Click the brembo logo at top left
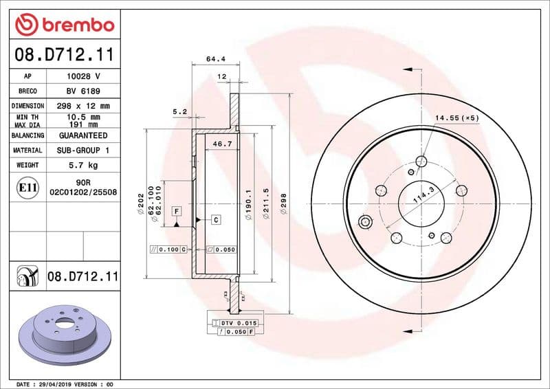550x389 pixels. pyautogui.click(x=64, y=25)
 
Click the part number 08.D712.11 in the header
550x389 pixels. pyautogui.click(x=64, y=54)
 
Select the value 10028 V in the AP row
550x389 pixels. pyautogui.click(x=83, y=76)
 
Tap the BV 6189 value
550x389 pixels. pyautogui.click(x=83, y=91)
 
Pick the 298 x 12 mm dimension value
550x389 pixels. pyautogui.click(x=83, y=106)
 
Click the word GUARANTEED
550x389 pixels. pyautogui.click(x=83, y=135)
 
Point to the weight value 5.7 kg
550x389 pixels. pyautogui.click(x=83, y=165)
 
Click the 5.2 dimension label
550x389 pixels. pyautogui.click(x=179, y=111)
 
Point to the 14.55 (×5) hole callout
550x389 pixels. pyautogui.click(x=456, y=118)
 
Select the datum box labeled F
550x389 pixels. pyautogui.click(x=177, y=210)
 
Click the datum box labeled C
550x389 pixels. pyautogui.click(x=215, y=219)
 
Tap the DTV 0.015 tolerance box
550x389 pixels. pyautogui.click(x=235, y=322)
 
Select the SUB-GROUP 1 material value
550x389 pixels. pyautogui.click(x=83, y=150)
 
